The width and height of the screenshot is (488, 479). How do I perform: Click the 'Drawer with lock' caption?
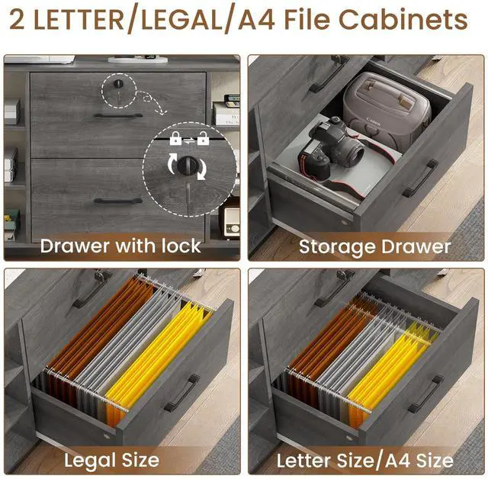(x=120, y=246)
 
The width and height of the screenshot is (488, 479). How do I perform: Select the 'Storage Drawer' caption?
(x=374, y=246)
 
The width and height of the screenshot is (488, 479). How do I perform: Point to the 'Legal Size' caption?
(x=111, y=460)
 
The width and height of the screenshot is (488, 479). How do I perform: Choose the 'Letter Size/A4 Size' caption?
(x=364, y=460)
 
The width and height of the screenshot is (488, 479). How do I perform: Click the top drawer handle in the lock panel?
(x=118, y=116)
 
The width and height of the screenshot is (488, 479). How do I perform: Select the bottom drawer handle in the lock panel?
(x=118, y=201)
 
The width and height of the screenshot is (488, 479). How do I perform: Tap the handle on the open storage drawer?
(x=421, y=178)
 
